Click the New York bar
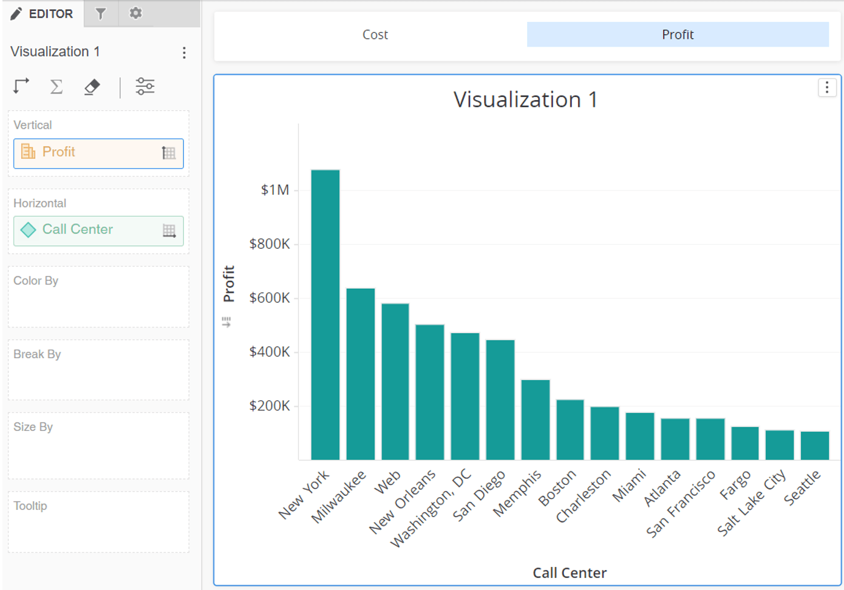click(x=325, y=314)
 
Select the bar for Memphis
click(x=536, y=419)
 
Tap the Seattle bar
click(x=815, y=446)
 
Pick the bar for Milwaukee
click(x=361, y=374)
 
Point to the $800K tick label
click(x=270, y=244)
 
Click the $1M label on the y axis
click(x=275, y=190)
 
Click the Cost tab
click(x=375, y=35)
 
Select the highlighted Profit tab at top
click(x=678, y=35)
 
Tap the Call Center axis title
click(x=570, y=572)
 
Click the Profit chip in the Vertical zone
click(x=98, y=154)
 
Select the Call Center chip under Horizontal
click(x=98, y=231)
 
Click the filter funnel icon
click(x=101, y=14)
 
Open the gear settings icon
click(x=135, y=13)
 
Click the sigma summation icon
click(x=56, y=87)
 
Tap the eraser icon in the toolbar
click(x=92, y=87)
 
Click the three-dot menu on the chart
click(x=827, y=87)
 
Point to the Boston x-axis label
click(x=557, y=488)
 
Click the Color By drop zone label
click(x=36, y=281)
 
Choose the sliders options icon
click(x=145, y=86)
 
